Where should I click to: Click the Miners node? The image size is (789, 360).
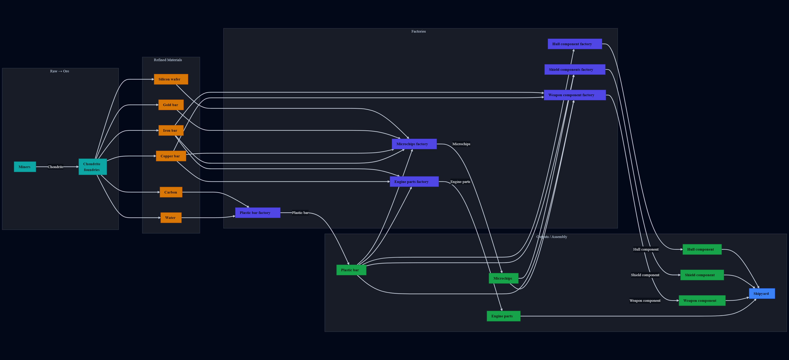point(25,167)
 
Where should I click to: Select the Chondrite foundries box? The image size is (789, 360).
point(92,167)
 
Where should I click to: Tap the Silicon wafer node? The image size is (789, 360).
point(171,79)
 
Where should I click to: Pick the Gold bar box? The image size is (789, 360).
point(171,105)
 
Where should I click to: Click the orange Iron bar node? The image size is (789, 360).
point(171,130)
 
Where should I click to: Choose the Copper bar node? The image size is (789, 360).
point(171,156)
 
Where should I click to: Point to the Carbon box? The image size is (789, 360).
point(171,192)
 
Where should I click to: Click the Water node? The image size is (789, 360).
point(171,218)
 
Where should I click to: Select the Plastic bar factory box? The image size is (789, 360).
point(257,213)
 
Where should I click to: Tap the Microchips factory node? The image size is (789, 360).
point(414,144)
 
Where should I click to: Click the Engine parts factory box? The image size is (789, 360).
point(414,182)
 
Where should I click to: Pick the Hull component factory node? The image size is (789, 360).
point(574,44)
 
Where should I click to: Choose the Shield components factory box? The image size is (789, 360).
point(574,69)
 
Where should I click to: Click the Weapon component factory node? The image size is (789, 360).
point(574,95)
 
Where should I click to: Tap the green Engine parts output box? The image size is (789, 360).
point(503,316)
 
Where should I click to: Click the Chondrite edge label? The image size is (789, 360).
point(56,167)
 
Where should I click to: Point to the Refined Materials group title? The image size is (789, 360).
point(168,60)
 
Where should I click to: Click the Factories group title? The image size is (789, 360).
point(418,31)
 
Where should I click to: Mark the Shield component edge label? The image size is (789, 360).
point(645,275)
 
